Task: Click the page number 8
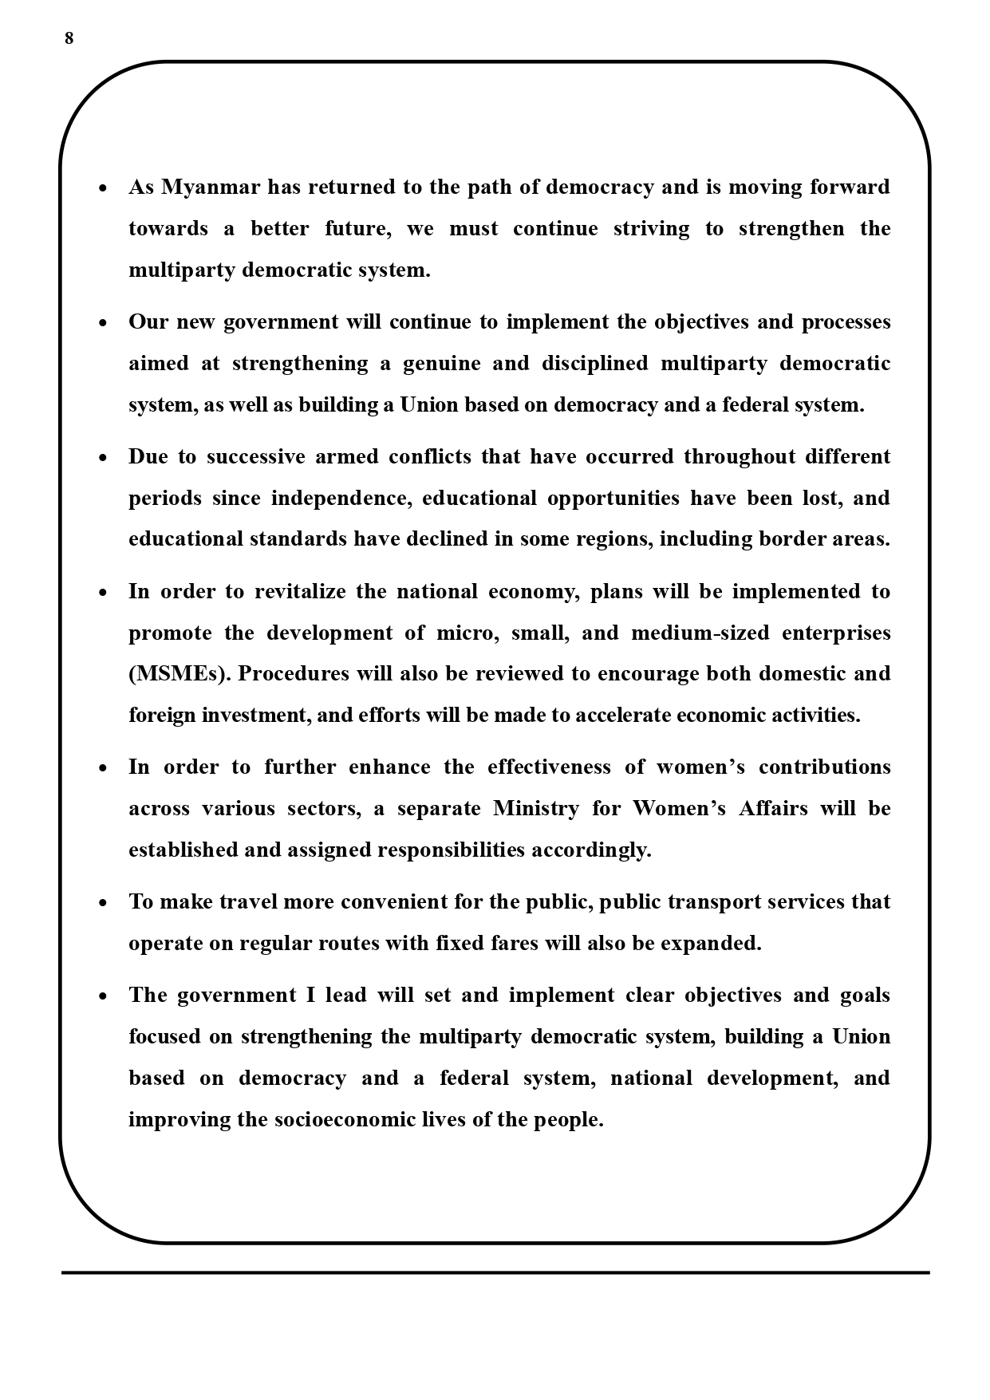click(x=69, y=38)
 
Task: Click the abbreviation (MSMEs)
click(x=179, y=674)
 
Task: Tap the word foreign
click(x=162, y=716)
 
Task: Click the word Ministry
click(x=536, y=809)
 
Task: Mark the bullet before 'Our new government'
click(x=102, y=323)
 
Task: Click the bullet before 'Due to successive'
click(x=102, y=458)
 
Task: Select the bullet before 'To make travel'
click(x=102, y=903)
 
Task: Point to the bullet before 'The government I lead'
click(x=102, y=996)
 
